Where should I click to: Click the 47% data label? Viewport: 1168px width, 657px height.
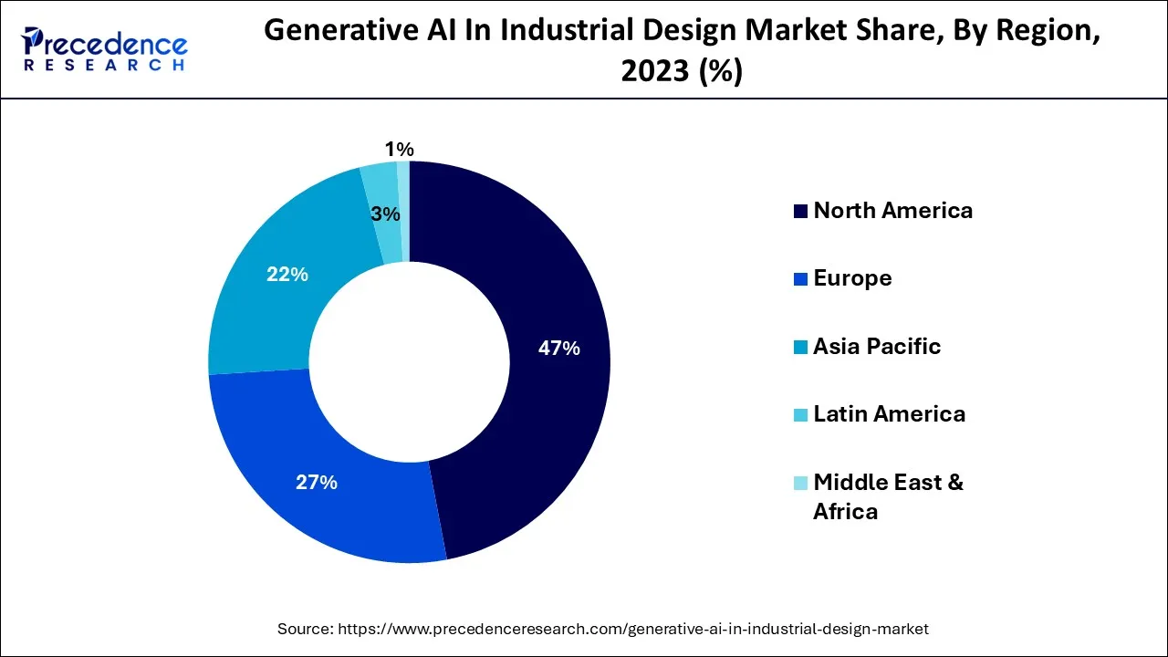pos(558,348)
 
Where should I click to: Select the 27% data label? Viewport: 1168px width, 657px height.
pos(317,483)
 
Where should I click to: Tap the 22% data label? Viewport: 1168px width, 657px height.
pos(287,274)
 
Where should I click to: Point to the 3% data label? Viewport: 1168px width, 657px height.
pos(385,214)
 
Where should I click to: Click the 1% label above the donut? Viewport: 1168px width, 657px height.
pos(399,149)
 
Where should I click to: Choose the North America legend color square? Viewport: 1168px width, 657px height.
pos(800,212)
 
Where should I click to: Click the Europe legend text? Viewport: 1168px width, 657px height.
pos(852,278)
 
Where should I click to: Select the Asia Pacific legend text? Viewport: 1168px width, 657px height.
pos(876,346)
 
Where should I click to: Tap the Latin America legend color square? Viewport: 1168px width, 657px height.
pos(800,415)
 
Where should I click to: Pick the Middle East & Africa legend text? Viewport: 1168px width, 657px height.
pos(887,495)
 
